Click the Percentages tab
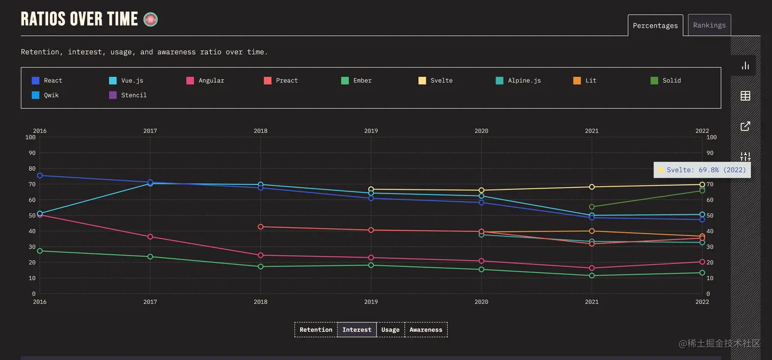pyautogui.click(x=655, y=26)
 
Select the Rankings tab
pyautogui.click(x=709, y=25)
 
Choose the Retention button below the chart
pyautogui.click(x=316, y=330)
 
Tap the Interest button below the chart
pyautogui.click(x=357, y=330)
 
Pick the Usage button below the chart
pyautogui.click(x=390, y=330)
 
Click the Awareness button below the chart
pyautogui.click(x=426, y=330)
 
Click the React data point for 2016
pyautogui.click(x=40, y=176)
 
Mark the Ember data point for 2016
pyautogui.click(x=40, y=251)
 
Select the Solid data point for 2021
pyautogui.click(x=592, y=207)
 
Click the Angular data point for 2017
pyautogui.click(x=150, y=236)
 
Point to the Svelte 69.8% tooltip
pyautogui.click(x=702, y=170)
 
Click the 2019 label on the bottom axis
pyautogui.click(x=371, y=302)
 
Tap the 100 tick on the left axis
pyautogui.click(x=30, y=137)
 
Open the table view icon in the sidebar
pyautogui.click(x=745, y=95)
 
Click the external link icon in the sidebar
pyautogui.click(x=745, y=126)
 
